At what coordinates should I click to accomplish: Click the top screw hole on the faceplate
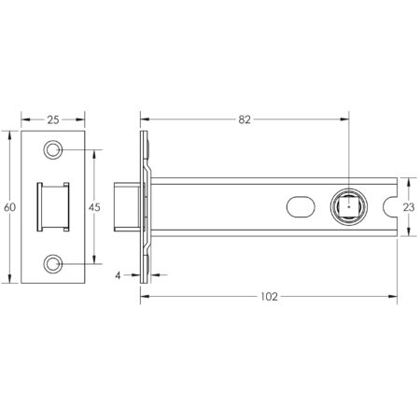tap(53, 150)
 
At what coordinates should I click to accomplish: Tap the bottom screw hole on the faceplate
tap(53, 263)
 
